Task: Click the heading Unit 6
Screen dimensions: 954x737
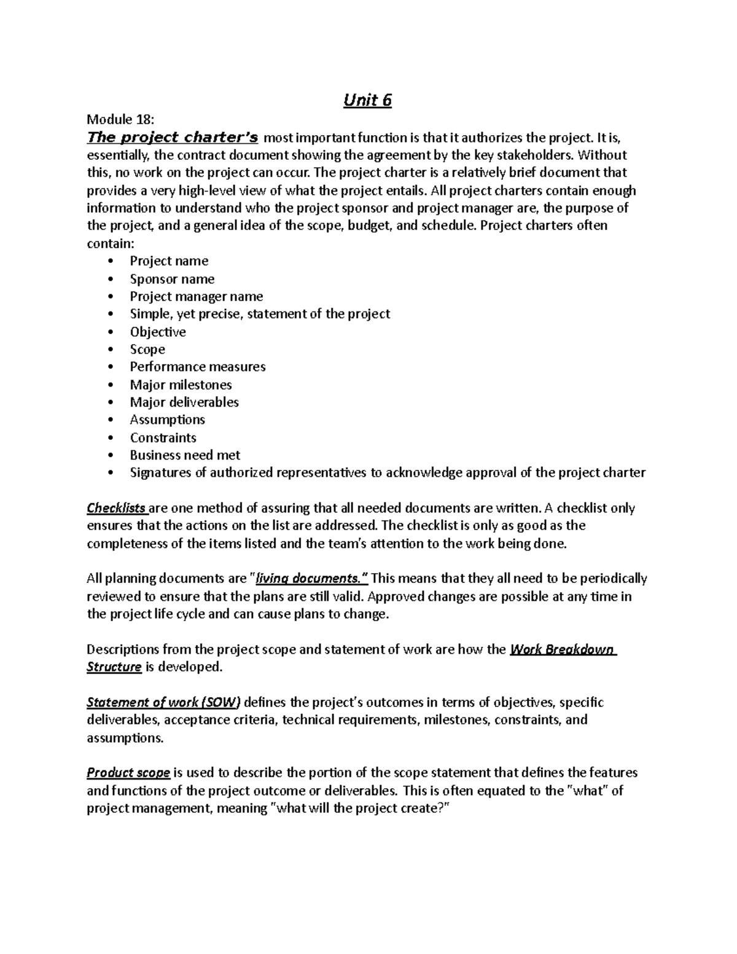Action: click(x=367, y=100)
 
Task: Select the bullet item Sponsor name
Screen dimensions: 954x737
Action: click(x=172, y=279)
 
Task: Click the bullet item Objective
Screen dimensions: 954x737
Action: click(x=158, y=332)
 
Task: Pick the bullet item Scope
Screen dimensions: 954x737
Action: click(x=147, y=350)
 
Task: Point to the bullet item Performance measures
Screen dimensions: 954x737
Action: click(x=198, y=367)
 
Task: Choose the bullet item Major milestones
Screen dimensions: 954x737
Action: click(x=181, y=385)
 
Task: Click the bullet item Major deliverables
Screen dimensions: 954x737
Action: click(x=184, y=402)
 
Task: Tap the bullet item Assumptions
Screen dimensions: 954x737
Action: click(x=167, y=420)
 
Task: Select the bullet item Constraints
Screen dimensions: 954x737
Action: click(x=163, y=437)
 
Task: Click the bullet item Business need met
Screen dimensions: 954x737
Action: click(x=185, y=455)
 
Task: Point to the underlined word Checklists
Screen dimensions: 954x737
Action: click(x=117, y=508)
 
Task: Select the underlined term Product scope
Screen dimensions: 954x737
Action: click(x=128, y=773)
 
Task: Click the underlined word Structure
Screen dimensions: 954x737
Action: click(x=114, y=667)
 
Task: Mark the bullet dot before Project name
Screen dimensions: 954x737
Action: click(x=111, y=262)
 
